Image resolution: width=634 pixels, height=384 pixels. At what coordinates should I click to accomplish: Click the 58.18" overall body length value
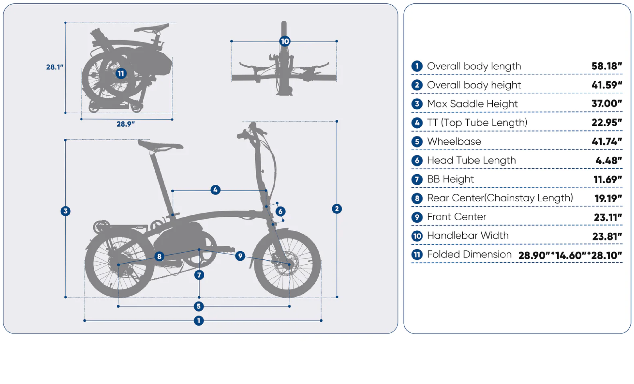pyautogui.click(x=606, y=66)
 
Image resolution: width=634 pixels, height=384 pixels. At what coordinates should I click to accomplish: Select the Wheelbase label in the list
pyautogui.click(x=454, y=141)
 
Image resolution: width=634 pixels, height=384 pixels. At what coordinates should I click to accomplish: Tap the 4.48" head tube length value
pyautogui.click(x=608, y=161)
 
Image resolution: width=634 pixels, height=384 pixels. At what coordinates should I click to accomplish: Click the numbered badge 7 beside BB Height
pyautogui.click(x=417, y=179)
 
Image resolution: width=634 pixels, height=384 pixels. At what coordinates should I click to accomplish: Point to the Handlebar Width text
pyautogui.click(x=468, y=236)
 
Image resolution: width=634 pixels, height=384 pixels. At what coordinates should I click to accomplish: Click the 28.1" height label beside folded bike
pyautogui.click(x=54, y=67)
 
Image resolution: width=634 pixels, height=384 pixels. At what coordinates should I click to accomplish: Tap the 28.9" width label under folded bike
pyautogui.click(x=126, y=124)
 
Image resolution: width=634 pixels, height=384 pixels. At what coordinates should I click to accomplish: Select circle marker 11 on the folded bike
pyautogui.click(x=121, y=74)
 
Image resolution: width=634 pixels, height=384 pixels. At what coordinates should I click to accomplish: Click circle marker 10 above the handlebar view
pyautogui.click(x=285, y=41)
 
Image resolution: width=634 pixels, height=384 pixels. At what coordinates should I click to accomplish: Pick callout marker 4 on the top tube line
pyautogui.click(x=215, y=190)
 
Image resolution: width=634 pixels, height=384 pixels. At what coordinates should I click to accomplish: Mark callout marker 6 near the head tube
pyautogui.click(x=280, y=212)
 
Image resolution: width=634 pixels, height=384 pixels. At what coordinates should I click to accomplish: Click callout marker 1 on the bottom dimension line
pyautogui.click(x=199, y=321)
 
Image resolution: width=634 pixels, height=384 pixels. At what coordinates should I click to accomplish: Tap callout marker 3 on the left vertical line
pyautogui.click(x=65, y=211)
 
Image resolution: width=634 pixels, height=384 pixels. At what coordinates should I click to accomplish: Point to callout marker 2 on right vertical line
pyautogui.click(x=337, y=208)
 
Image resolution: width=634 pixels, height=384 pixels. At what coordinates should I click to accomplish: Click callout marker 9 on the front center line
pyautogui.click(x=240, y=256)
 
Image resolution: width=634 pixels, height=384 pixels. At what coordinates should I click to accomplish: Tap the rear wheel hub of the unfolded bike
pyautogui.click(x=119, y=265)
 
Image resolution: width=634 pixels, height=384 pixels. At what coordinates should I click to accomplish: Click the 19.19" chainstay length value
pyautogui.click(x=608, y=198)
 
